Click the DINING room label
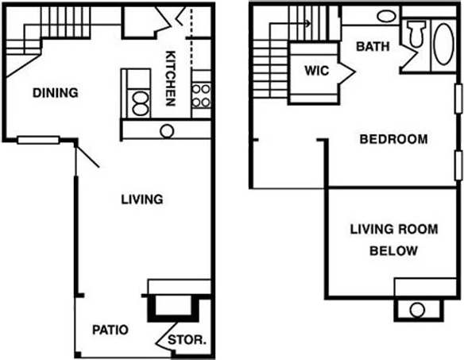pyautogui.click(x=55, y=93)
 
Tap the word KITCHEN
pyautogui.click(x=170, y=79)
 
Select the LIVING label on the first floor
pyautogui.click(x=141, y=199)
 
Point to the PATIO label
pyautogui.click(x=110, y=329)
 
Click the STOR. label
pyautogui.click(x=189, y=339)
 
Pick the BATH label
pyautogui.click(x=373, y=46)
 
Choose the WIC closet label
pyautogui.click(x=317, y=70)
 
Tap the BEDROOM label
pyautogui.click(x=393, y=139)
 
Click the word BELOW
pyautogui.click(x=394, y=251)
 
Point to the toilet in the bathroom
pyautogui.click(x=415, y=36)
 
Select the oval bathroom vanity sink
pyautogui.click(x=385, y=16)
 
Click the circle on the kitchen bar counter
pyautogui.click(x=167, y=131)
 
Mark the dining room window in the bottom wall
pyautogui.click(x=38, y=141)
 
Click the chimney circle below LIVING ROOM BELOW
pyautogui.click(x=416, y=310)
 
